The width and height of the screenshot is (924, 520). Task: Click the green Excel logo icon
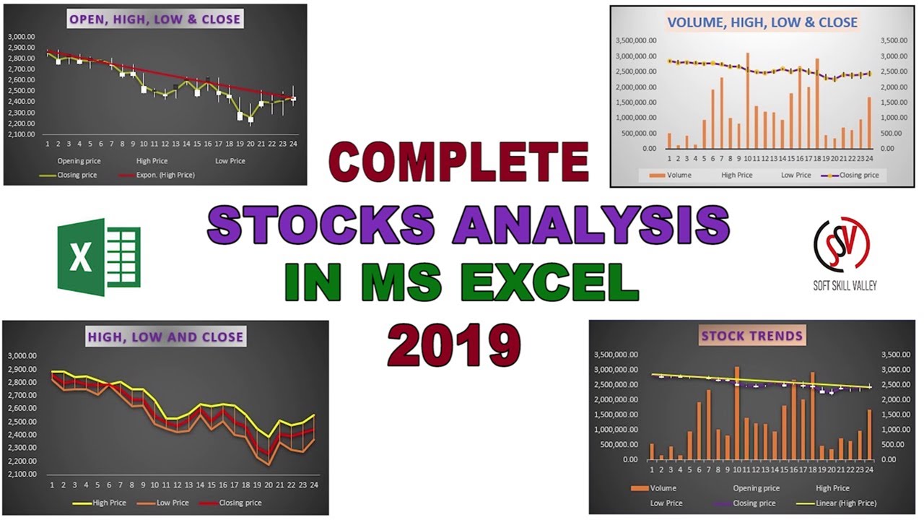point(100,258)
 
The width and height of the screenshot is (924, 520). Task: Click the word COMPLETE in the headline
point(459,162)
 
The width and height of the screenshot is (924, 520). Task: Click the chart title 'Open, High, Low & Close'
point(155,19)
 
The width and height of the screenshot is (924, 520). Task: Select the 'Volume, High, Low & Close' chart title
point(762,22)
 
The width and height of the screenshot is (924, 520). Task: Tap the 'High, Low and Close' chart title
point(165,337)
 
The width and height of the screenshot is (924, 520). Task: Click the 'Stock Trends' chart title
point(751,336)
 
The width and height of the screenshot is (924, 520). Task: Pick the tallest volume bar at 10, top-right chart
point(747,100)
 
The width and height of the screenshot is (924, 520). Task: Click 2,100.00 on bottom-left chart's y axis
point(25,474)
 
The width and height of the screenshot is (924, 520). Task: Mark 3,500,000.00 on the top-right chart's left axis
point(636,41)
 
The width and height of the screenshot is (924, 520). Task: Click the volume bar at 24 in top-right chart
point(869,123)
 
